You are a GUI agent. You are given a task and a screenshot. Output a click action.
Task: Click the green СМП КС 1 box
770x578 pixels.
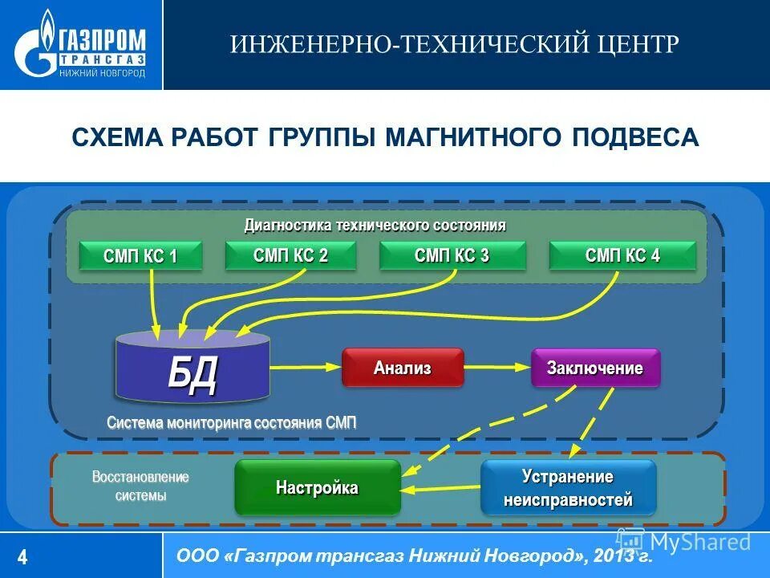140,257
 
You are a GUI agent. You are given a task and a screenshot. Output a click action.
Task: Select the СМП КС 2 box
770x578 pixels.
290,256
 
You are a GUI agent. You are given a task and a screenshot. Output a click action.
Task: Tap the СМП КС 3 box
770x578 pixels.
452,256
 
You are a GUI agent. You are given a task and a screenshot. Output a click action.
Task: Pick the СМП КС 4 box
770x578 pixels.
622,256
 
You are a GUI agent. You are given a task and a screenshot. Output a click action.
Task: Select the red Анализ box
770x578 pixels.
403,368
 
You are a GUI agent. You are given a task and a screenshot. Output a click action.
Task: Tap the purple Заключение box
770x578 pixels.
595,368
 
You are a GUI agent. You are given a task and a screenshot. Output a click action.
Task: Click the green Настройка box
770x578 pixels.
317,487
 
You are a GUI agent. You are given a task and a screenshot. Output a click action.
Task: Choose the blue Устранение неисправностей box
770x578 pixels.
568,488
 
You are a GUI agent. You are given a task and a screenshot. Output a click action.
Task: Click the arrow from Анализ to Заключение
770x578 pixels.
497,368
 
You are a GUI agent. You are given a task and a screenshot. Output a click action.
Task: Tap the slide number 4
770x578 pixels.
22,556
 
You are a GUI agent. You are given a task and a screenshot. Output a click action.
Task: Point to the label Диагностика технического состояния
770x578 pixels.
375,225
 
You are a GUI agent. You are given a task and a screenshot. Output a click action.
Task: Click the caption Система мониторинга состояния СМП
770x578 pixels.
231,423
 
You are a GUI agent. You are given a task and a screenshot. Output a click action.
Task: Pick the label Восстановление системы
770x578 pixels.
140,486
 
